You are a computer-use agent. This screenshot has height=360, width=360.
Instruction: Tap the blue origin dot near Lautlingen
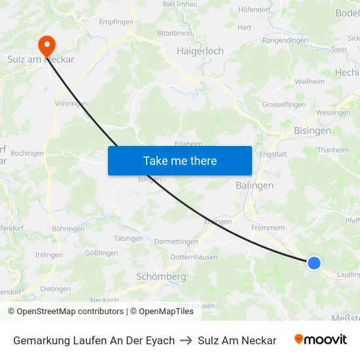pyautogui.click(x=314, y=262)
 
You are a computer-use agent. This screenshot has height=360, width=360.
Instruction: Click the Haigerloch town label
pyautogui.click(x=200, y=50)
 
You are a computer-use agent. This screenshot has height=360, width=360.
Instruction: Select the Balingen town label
pyautogui.click(x=255, y=186)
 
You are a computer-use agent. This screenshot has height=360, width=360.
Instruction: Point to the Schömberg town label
pyautogui.click(x=161, y=277)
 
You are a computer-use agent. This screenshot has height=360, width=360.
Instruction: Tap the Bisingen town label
pyautogui.click(x=312, y=130)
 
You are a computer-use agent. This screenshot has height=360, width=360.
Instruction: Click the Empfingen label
pyautogui.click(x=116, y=22)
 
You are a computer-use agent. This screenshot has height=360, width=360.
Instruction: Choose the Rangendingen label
pyautogui.click(x=285, y=41)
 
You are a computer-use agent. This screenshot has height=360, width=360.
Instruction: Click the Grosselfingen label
pyautogui.click(x=284, y=105)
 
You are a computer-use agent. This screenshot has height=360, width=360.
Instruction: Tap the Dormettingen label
pyautogui.click(x=176, y=242)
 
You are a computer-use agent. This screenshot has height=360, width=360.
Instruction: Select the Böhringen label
pyautogui.click(x=68, y=229)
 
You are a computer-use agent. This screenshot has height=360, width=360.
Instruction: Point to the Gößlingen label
pyautogui.click(x=101, y=253)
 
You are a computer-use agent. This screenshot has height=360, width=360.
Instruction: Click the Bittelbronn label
pyautogui.click(x=174, y=32)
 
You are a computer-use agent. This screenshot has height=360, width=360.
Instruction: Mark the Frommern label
pyautogui.click(x=268, y=228)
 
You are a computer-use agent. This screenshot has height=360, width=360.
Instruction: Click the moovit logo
pyautogui.click(x=321, y=340)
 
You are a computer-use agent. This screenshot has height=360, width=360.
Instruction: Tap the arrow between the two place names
pyautogui.click(x=187, y=340)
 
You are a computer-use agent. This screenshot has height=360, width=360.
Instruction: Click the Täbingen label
pyautogui.click(x=128, y=238)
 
